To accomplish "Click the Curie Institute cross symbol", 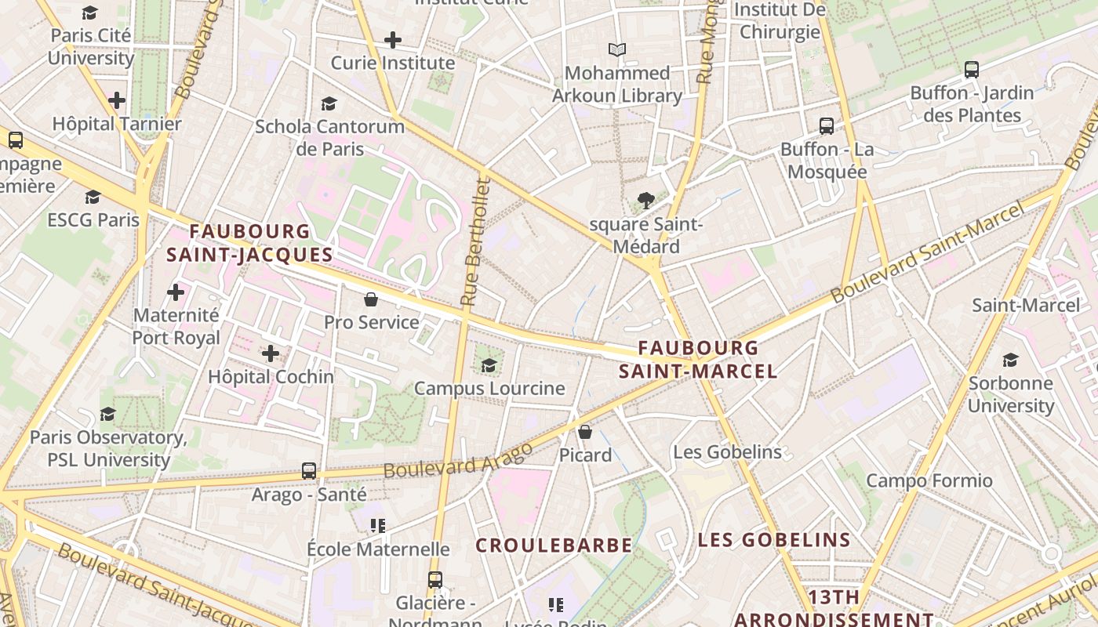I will (x=393, y=40).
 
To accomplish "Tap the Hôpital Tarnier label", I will (x=116, y=124).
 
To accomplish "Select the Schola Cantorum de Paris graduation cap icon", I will (x=329, y=103).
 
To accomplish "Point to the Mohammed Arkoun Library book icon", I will (x=617, y=50).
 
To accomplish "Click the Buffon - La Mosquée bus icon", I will (x=826, y=126).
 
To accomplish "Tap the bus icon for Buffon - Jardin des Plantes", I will (x=972, y=70).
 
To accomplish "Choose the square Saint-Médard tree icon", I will (x=646, y=201).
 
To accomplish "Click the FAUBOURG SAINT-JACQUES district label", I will (x=249, y=243).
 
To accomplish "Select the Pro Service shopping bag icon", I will (x=371, y=299).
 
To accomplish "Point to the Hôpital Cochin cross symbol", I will (x=271, y=353).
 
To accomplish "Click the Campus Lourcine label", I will (x=489, y=388).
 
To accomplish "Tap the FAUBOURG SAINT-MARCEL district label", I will (x=698, y=359).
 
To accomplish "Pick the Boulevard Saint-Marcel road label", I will (x=927, y=252).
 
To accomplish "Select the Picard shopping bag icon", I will (x=584, y=432).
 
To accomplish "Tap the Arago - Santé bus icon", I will (x=309, y=471).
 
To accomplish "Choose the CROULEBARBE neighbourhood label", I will (x=554, y=545).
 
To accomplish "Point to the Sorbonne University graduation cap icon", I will (x=1010, y=361).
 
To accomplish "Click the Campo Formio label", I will (x=929, y=480).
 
